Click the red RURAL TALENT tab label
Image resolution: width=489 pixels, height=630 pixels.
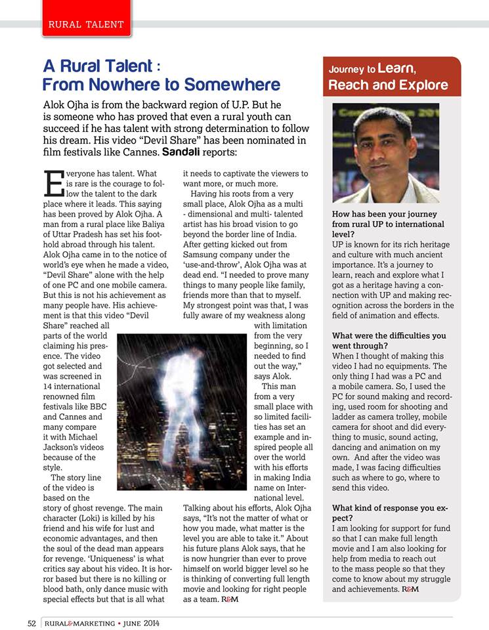click(x=86, y=24)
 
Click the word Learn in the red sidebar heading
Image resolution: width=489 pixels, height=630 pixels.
click(x=396, y=68)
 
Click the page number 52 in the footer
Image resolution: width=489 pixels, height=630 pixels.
click(x=32, y=623)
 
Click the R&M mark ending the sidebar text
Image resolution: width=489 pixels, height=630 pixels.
click(x=410, y=589)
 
